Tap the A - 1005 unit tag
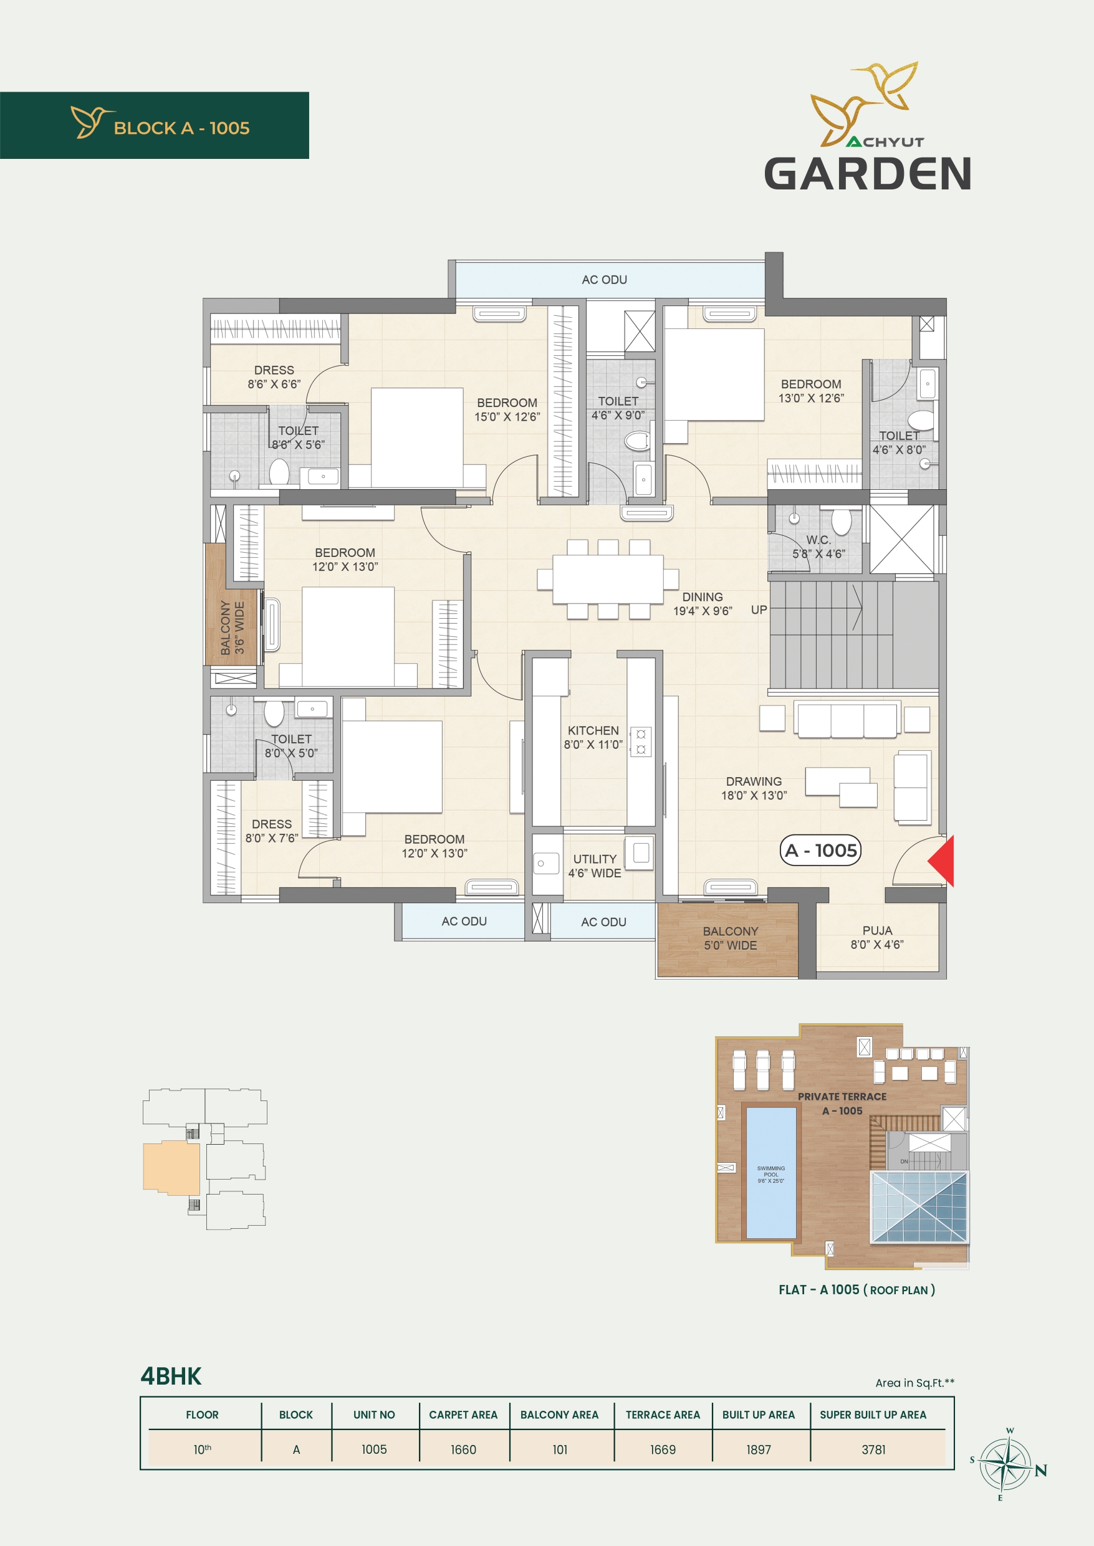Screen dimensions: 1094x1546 point(820,851)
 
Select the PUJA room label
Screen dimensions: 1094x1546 point(877,930)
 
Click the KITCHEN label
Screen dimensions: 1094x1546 point(593,730)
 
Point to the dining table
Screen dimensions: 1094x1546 point(608,579)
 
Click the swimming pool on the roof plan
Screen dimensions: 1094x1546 point(770,1173)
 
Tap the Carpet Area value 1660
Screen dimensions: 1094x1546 point(463,1449)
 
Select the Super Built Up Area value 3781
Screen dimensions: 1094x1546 point(874,1449)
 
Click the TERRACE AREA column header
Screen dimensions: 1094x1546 point(663,1415)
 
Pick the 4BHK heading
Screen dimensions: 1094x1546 point(171,1376)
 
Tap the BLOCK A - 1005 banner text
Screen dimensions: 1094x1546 point(182,128)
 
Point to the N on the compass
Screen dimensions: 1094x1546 point(1041,1471)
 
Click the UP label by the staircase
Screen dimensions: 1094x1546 point(759,610)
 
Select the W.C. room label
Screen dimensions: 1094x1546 point(818,540)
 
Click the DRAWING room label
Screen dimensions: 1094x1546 point(754,781)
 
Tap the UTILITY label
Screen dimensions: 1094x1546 point(595,859)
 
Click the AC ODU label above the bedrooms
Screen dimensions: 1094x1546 point(604,279)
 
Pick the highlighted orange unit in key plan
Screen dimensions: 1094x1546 point(171,1168)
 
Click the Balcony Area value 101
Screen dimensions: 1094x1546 point(560,1449)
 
